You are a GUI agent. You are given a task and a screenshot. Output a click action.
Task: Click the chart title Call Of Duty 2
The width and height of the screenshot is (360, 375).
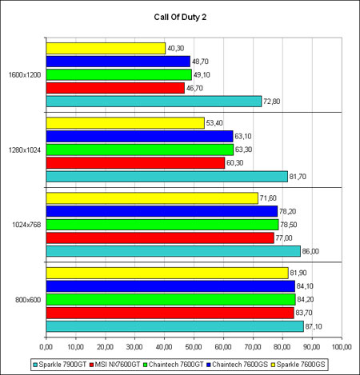tap(180, 17)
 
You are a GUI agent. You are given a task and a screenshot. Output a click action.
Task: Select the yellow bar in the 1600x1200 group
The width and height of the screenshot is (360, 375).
tap(106, 48)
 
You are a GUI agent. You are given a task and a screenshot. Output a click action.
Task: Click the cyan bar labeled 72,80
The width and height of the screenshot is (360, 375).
tap(154, 102)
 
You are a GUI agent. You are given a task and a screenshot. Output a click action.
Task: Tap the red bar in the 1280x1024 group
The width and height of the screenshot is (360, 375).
tap(135, 163)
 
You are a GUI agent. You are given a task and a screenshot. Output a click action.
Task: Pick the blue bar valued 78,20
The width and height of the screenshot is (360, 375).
tap(162, 211)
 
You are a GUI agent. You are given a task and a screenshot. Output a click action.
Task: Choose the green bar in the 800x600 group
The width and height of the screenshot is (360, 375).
tap(171, 299)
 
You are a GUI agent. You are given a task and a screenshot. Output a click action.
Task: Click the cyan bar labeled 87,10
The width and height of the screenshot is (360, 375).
tap(175, 326)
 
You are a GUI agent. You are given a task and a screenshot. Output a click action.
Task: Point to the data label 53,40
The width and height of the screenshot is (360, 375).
tap(214, 123)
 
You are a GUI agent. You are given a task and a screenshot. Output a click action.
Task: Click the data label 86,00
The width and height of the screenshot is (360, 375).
tap(310, 251)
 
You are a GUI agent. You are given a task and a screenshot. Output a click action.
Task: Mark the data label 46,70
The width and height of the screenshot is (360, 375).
tap(194, 88)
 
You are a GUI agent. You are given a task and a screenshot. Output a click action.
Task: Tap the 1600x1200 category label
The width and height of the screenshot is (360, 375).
tap(25, 75)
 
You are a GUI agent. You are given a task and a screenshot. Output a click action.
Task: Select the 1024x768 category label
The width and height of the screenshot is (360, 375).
tap(26, 225)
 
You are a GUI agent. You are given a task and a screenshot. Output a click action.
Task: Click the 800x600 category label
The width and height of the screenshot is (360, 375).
tap(28, 300)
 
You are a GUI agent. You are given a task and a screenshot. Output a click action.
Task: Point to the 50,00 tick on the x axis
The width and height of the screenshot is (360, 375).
tap(194, 347)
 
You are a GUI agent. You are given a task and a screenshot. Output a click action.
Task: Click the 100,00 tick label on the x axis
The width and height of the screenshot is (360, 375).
tap(342, 347)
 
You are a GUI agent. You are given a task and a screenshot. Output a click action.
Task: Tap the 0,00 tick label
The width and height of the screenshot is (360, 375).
tap(46, 347)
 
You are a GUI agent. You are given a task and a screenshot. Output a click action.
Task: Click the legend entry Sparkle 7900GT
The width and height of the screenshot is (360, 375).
tap(60, 365)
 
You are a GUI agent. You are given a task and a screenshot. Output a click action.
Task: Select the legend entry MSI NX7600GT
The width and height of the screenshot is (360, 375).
tap(115, 365)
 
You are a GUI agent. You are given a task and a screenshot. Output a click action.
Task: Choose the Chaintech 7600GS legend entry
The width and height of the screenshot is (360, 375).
tap(237, 365)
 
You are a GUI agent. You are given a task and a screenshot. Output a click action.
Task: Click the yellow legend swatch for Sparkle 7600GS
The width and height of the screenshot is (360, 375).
tap(273, 365)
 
